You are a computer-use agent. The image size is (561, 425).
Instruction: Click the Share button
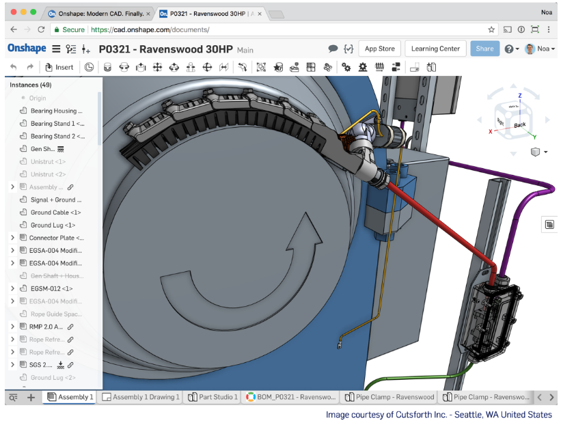click(484, 49)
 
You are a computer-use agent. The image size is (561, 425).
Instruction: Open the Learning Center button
click(435, 49)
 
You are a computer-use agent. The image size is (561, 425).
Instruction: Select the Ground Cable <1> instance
click(55, 212)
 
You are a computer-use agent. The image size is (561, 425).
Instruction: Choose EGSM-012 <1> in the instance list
click(51, 288)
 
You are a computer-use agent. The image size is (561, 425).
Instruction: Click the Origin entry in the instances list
click(38, 98)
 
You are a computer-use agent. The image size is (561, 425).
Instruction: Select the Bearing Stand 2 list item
click(57, 136)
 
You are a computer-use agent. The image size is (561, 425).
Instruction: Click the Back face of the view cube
click(520, 124)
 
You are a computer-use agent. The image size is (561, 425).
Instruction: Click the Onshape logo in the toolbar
click(27, 49)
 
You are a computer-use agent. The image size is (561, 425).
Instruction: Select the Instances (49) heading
click(31, 85)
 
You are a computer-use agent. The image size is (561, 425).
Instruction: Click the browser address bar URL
click(150, 30)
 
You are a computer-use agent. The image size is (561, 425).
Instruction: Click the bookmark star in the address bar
click(491, 30)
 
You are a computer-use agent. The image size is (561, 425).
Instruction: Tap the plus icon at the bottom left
click(31, 397)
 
